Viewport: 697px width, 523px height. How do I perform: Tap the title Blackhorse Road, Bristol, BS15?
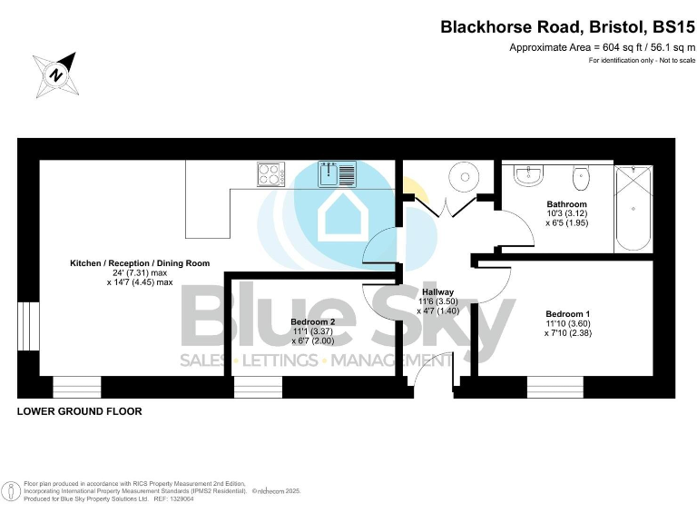click(x=567, y=27)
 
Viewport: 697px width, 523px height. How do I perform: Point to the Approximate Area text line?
click(x=602, y=47)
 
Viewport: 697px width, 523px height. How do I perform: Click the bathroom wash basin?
click(x=527, y=174)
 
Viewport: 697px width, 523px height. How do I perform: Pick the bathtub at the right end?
click(x=633, y=208)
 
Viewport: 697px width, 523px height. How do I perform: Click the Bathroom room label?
click(x=566, y=204)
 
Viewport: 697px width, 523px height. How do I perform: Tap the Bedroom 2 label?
click(x=313, y=321)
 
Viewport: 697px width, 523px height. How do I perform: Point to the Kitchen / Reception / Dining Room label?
click(x=140, y=263)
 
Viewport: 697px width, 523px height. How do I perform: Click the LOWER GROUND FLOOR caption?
click(x=80, y=411)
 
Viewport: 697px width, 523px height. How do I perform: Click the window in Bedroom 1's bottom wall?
click(x=555, y=388)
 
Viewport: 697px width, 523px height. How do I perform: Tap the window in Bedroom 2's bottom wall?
click(x=258, y=388)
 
